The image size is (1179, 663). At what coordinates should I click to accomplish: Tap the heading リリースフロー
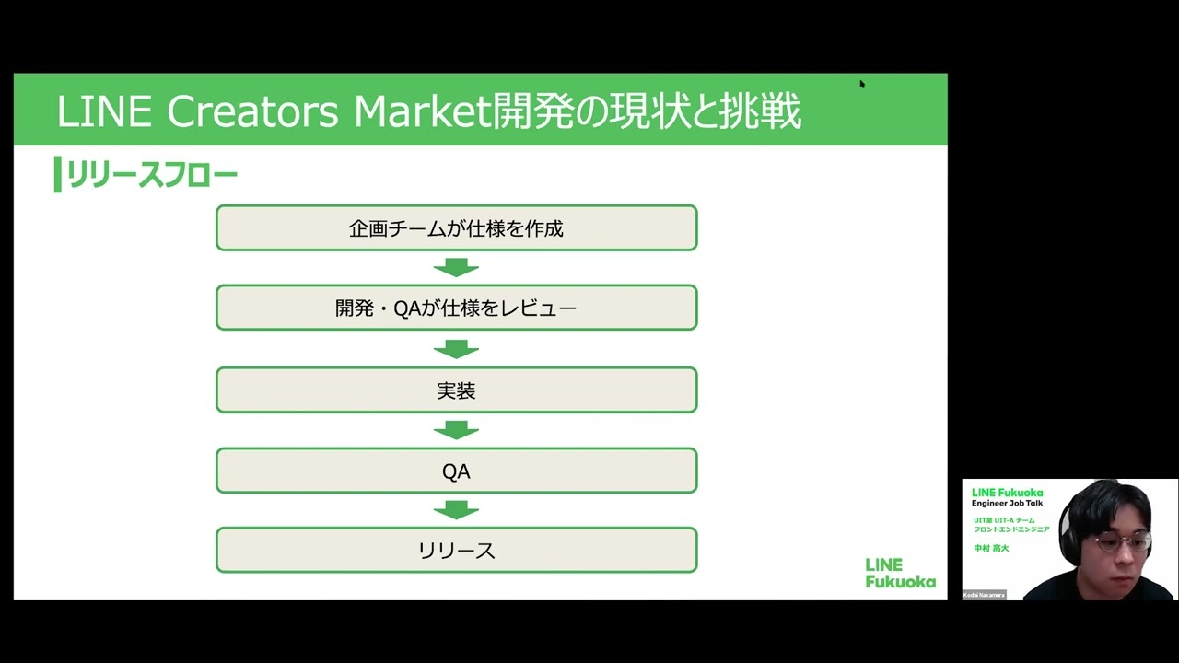[152, 175]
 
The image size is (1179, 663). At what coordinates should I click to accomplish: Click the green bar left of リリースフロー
[57, 175]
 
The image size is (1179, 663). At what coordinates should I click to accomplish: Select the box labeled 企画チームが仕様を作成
[456, 228]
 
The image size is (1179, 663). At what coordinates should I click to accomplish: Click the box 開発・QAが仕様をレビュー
[456, 308]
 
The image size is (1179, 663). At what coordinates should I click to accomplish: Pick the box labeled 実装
[456, 390]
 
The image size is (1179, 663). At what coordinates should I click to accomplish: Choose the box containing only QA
[456, 471]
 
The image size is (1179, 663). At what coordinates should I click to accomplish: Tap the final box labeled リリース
[456, 551]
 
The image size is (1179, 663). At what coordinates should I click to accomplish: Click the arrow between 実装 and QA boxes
[456, 430]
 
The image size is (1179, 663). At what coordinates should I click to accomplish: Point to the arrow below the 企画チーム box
[456, 268]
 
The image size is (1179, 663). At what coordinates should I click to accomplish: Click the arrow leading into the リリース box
[456, 510]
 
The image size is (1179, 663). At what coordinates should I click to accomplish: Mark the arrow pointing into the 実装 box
[456, 349]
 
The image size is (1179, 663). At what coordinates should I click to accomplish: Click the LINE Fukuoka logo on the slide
[899, 573]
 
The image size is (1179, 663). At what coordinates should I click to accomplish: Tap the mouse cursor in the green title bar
[862, 84]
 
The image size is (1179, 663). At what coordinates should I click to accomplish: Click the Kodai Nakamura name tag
[985, 595]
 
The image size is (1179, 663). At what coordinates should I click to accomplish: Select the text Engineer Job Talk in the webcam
[1007, 504]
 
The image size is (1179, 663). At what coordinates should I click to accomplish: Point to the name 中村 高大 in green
[991, 548]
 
